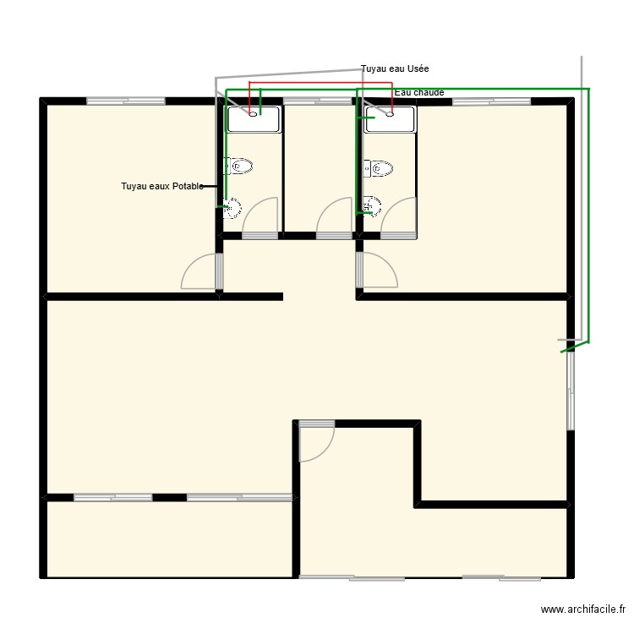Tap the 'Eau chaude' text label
(419, 92)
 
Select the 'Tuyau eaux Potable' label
(162, 186)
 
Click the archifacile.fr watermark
(582, 609)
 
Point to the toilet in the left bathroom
(239, 166)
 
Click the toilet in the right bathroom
(379, 167)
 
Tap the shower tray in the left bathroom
(254, 119)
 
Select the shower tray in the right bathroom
(390, 119)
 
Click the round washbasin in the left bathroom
(232, 208)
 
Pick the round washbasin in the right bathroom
(372, 206)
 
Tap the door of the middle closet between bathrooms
(335, 216)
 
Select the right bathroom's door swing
(399, 216)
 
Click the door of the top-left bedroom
(201, 272)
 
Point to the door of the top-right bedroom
(377, 271)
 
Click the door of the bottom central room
(317, 443)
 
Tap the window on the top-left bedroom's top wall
(126, 101)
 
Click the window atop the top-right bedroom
(491, 101)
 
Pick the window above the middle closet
(317, 101)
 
